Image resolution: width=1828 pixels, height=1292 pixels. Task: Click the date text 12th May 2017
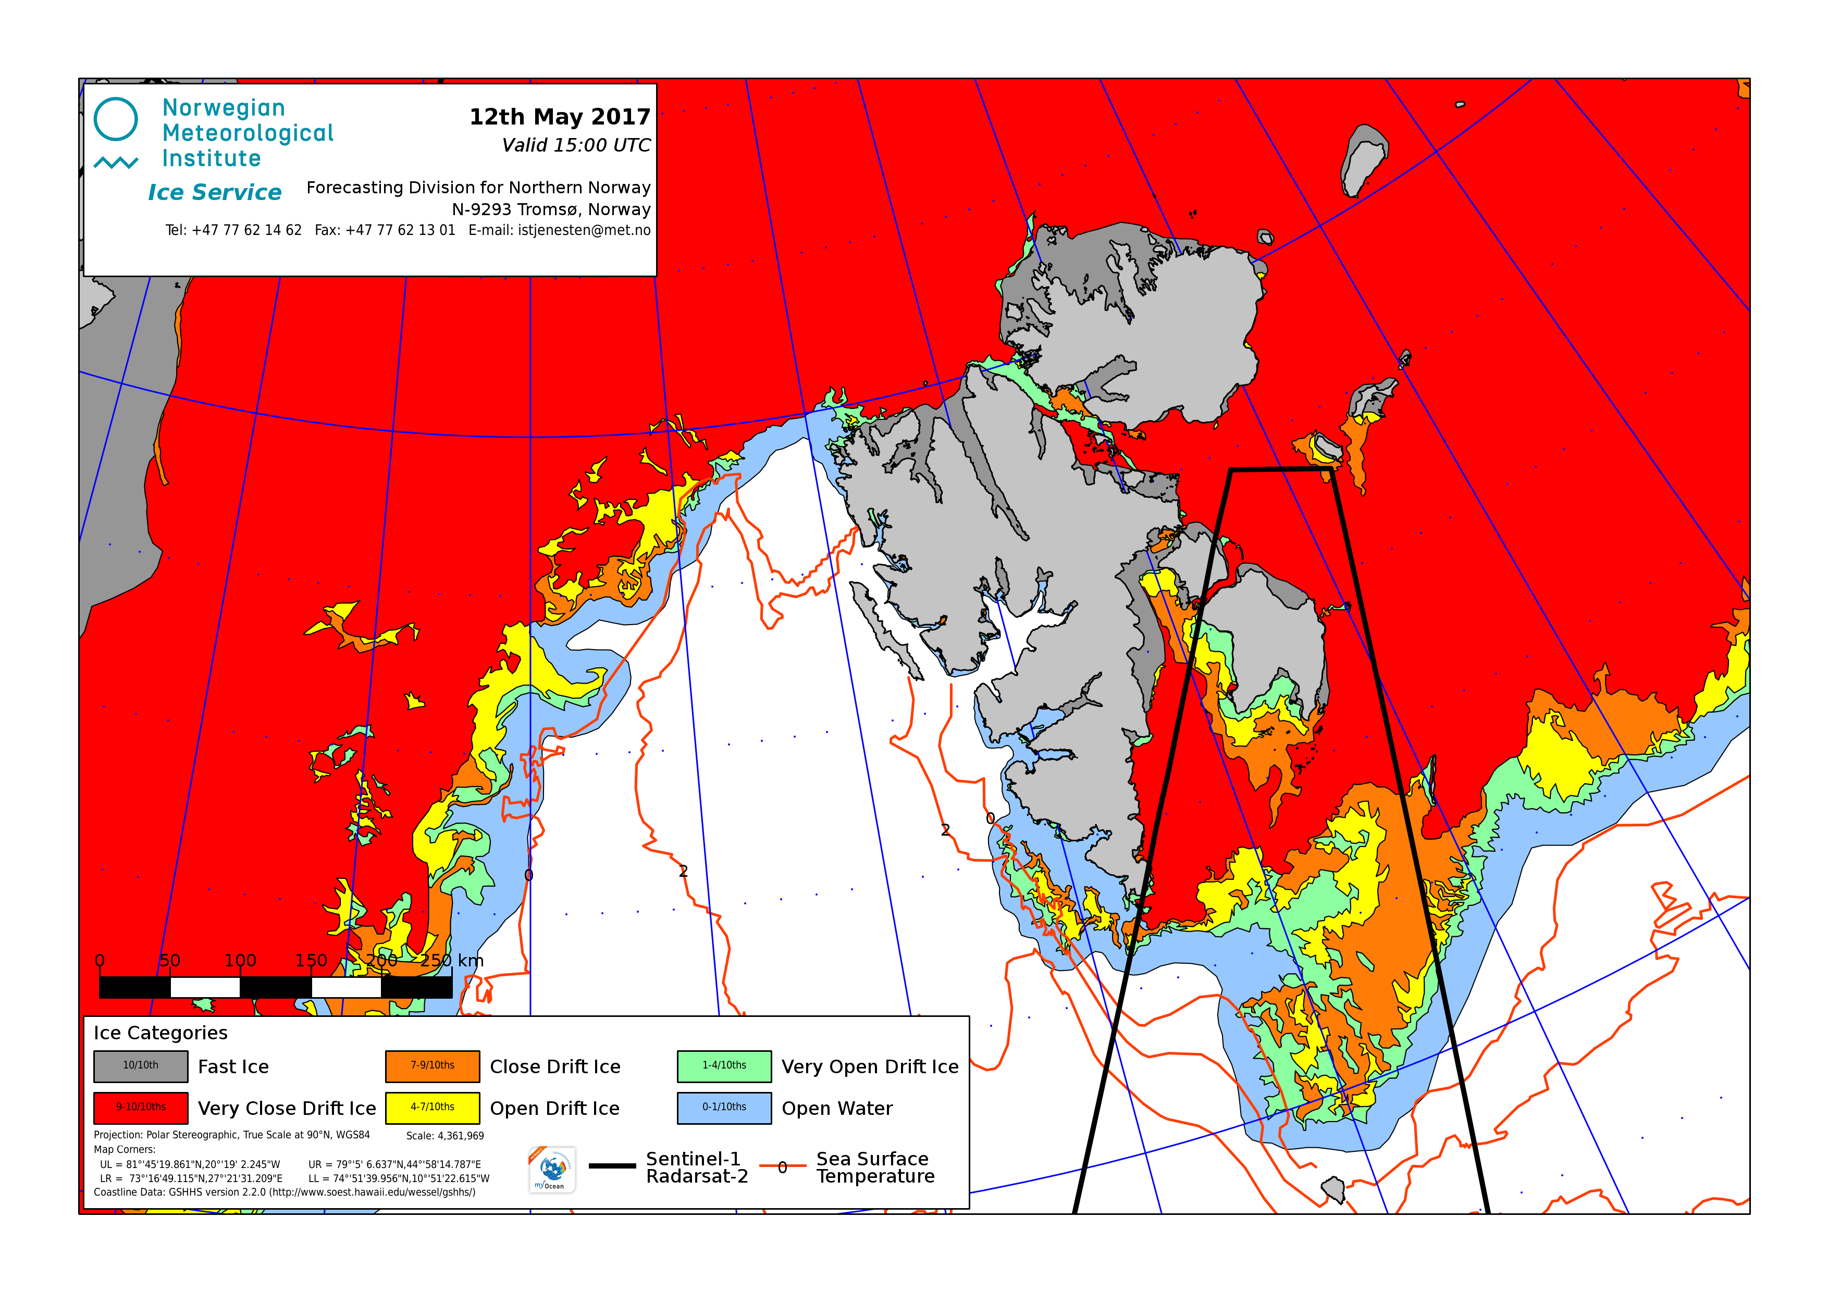coord(560,117)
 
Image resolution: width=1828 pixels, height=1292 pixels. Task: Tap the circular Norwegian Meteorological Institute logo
coord(116,119)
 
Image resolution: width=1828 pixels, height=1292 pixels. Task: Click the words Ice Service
coord(215,193)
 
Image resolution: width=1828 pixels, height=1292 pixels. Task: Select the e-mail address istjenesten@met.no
coord(584,230)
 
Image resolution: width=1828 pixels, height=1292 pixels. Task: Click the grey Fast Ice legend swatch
coord(141,1066)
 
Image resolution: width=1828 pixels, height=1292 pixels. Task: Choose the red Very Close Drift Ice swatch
coord(141,1107)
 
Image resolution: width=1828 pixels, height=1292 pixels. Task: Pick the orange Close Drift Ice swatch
coord(433,1066)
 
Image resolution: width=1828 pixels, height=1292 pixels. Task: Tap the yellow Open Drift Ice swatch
coord(433,1107)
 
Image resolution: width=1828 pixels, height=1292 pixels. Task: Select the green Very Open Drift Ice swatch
coord(724,1066)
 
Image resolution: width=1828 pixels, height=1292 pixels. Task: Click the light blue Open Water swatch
coord(724,1107)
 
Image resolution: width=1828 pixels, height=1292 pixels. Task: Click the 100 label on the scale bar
coord(240,961)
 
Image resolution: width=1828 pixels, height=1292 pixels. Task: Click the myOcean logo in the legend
coord(552,1170)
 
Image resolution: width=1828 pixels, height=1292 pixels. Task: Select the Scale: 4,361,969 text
coord(445,1136)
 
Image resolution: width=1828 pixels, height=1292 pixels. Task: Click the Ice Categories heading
coord(161,1033)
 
